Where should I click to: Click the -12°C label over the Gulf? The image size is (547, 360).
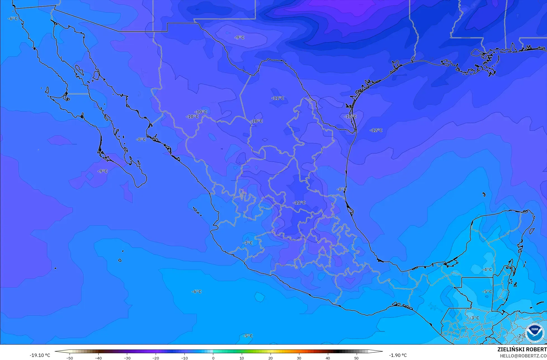[x=376, y=130]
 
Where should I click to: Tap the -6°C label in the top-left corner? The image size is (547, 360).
[x=13, y=18]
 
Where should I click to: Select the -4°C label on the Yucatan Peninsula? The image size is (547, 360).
[x=487, y=269]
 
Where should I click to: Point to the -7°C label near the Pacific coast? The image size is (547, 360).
[x=248, y=243]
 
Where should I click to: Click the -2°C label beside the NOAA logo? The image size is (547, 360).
[x=521, y=336]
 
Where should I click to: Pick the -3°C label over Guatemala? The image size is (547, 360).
[x=474, y=318]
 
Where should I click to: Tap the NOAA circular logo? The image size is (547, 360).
[x=535, y=333]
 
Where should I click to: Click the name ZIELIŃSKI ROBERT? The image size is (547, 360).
[x=522, y=350]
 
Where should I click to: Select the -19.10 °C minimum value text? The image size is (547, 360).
[x=40, y=355]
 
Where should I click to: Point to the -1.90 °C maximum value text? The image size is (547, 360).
[x=398, y=355]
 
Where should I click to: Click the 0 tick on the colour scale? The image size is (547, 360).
[x=213, y=358]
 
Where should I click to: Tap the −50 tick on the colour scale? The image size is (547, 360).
[x=70, y=358]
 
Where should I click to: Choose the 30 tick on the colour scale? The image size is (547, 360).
[x=299, y=358]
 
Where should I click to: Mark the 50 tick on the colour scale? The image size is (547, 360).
[x=356, y=358]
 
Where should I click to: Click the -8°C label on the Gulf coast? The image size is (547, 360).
[x=342, y=189]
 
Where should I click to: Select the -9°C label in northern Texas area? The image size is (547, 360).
[x=239, y=37]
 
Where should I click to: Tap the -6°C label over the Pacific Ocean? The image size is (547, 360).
[x=196, y=291]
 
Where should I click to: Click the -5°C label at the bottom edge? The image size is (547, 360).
[x=248, y=336]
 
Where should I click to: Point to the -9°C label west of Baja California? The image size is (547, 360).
[x=102, y=171]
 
